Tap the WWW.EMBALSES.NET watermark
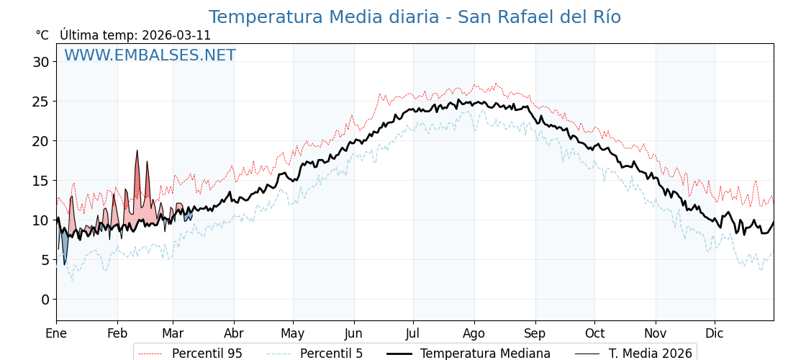[x=150, y=55]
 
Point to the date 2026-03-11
[x=176, y=35]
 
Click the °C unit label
[x=42, y=35]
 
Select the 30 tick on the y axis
[x=41, y=62]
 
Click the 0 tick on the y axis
[x=45, y=300]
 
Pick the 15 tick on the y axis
[x=41, y=181]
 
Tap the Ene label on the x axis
[x=56, y=333]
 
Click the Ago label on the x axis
[x=474, y=333]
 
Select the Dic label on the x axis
[x=715, y=333]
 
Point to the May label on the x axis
[x=293, y=333]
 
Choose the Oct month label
[x=594, y=333]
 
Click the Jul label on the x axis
[x=413, y=333]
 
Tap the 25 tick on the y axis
[x=41, y=102]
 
